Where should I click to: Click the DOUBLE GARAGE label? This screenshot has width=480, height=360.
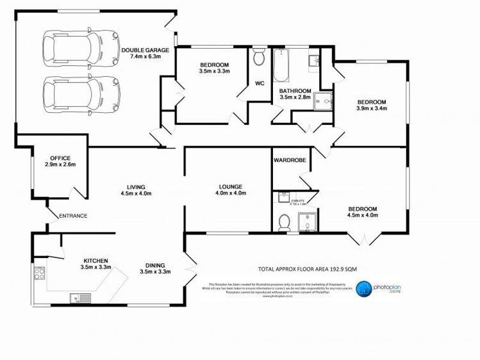[145, 49]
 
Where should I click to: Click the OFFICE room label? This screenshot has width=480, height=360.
[60, 158]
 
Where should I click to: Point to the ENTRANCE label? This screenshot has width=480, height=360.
[73, 216]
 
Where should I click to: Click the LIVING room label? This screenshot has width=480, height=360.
[136, 187]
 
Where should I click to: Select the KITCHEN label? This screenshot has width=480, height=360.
[95, 260]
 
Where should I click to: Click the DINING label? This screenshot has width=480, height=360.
[154, 266]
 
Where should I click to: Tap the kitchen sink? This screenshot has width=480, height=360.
[81, 297]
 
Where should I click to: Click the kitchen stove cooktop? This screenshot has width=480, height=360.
[38, 275]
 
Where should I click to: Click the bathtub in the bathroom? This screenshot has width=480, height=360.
[281, 67]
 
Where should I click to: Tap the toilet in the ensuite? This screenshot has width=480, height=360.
[285, 222]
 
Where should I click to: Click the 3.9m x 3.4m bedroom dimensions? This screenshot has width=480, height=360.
[372, 109]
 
